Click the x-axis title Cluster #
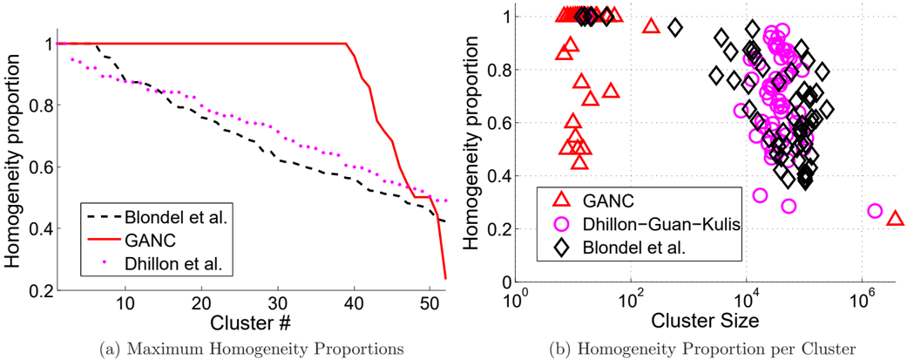tap(250, 323)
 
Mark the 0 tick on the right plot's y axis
tap(507, 282)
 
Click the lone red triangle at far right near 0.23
tap(895, 218)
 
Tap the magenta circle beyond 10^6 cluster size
tap(875, 211)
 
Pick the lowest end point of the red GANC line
tap(445, 279)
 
